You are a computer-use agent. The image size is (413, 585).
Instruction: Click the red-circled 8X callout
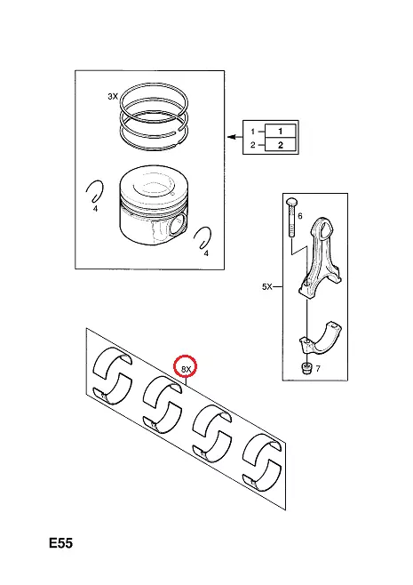[x=186, y=369]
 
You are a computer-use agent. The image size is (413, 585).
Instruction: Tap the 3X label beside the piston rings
[x=113, y=96]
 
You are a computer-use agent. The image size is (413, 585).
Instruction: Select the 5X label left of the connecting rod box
[x=266, y=286]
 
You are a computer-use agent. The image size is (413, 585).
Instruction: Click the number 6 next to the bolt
[x=300, y=216]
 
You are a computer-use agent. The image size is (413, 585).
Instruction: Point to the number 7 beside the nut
[x=318, y=369]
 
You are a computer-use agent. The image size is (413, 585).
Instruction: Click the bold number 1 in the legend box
[x=281, y=131]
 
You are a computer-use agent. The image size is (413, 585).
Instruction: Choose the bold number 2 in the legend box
[x=281, y=145]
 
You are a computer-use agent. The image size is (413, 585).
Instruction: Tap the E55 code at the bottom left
[x=60, y=543]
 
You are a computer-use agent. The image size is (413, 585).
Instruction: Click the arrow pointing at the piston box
[x=234, y=137]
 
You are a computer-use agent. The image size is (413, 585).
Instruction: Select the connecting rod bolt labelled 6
[x=290, y=217]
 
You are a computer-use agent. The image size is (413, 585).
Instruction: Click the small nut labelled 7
[x=306, y=369]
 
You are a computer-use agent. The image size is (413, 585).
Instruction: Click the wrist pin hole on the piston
[x=178, y=224]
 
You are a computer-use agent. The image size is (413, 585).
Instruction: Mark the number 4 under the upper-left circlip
[x=95, y=209]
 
